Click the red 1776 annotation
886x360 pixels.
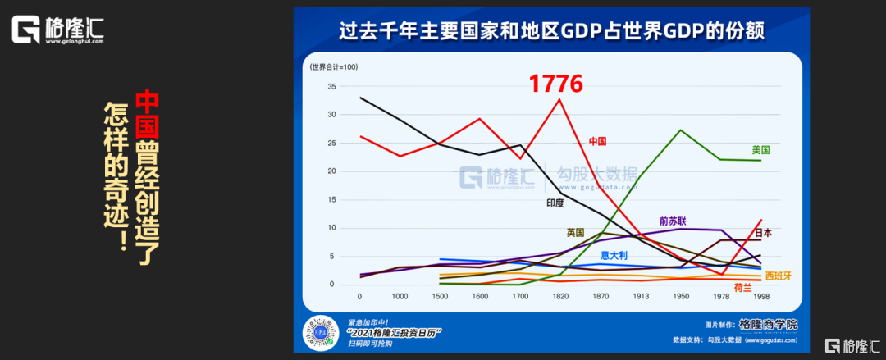pos(555,83)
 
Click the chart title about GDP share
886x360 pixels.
pos(552,31)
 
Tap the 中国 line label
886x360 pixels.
pos(597,142)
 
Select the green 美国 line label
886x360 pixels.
pos(760,150)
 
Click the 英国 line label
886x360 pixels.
pos(575,232)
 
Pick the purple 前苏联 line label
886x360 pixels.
pos(672,221)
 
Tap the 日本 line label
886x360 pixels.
pos(762,233)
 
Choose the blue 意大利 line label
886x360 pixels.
pos(614,255)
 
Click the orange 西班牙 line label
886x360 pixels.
pos(779,276)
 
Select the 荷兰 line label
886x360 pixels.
pos(742,287)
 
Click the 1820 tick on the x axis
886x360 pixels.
pos(560,296)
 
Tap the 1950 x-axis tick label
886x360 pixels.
pos(681,296)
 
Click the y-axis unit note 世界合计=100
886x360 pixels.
pos(332,66)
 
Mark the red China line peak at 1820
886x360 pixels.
pos(560,99)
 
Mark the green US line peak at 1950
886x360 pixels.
pos(681,130)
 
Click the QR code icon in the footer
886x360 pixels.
pos(322,333)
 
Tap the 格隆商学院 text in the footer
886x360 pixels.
pos(768,324)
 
